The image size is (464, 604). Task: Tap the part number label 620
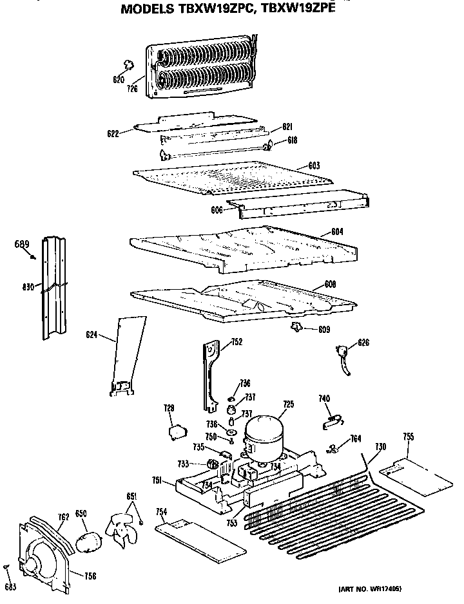coord(119,80)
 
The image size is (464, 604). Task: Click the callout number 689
coord(22,244)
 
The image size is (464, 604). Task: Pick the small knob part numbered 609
coord(296,328)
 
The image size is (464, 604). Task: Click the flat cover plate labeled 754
coord(201,538)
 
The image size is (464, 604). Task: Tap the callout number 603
coord(314,166)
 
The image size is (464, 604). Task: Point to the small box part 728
coord(175,431)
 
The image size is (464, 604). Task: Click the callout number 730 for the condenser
coord(380,447)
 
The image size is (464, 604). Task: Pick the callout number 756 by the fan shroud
coord(90,576)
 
